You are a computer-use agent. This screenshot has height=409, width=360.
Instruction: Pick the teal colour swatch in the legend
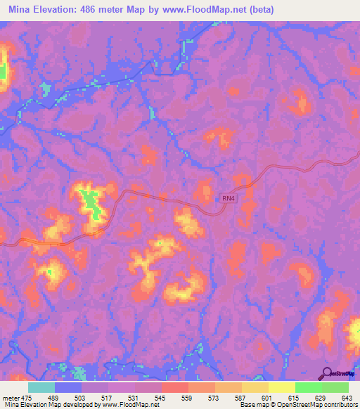point(41,387)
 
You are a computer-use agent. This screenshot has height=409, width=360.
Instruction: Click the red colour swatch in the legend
point(174,387)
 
